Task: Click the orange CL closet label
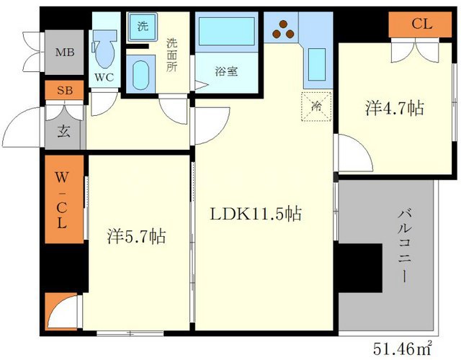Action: pyautogui.click(x=422, y=24)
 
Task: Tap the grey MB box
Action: pyautogui.click(x=64, y=52)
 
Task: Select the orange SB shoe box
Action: pyautogui.click(x=64, y=91)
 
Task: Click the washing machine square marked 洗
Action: pyautogui.click(x=143, y=27)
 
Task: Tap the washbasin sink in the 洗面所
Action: pyautogui.click(x=141, y=75)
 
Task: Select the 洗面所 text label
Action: pyautogui.click(x=171, y=54)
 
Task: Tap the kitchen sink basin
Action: pyautogui.click(x=316, y=63)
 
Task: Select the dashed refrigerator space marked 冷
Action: pyautogui.click(x=315, y=106)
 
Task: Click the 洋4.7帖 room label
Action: pyautogui.click(x=393, y=108)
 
